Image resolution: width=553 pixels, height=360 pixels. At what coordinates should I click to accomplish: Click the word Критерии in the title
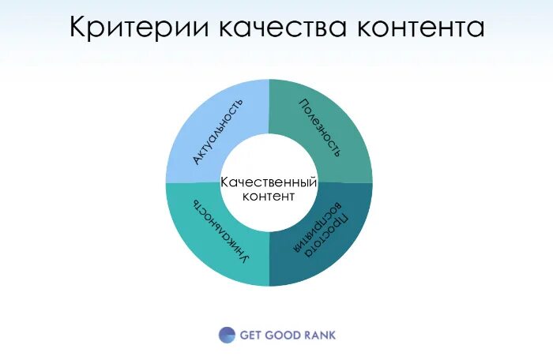[x=141, y=27]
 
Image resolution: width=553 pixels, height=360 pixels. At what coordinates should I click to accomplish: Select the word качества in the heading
[x=285, y=27]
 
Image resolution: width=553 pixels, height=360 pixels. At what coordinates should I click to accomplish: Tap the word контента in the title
[x=420, y=27]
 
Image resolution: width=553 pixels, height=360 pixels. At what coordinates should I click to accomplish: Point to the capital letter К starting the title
[x=77, y=27]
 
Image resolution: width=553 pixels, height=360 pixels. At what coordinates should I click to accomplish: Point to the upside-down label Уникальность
[x=222, y=231]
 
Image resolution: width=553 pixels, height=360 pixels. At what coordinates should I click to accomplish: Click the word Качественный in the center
[x=269, y=182]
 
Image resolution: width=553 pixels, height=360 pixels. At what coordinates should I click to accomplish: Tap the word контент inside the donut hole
[x=269, y=197]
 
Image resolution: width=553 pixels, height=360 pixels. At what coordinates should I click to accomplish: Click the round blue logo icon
[x=227, y=335]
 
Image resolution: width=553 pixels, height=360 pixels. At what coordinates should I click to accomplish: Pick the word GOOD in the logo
[x=287, y=335]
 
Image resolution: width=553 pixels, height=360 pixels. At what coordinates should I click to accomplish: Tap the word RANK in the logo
[x=321, y=335]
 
